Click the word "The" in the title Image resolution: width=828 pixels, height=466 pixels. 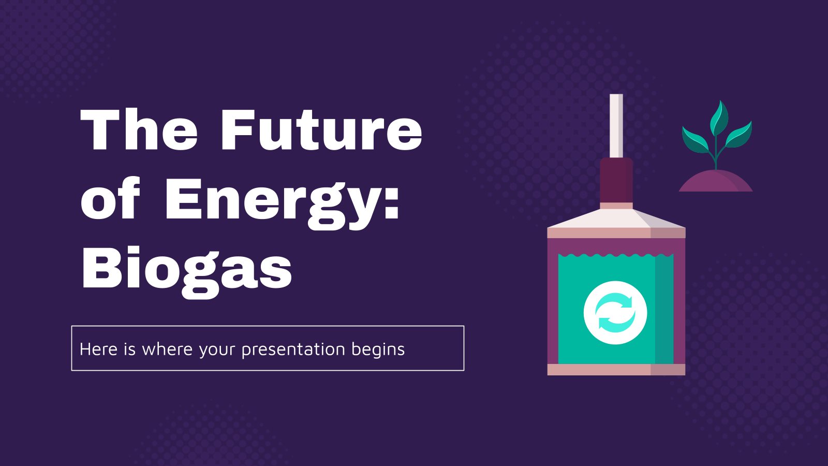click(x=139, y=129)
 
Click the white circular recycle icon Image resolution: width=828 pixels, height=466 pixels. click(x=615, y=313)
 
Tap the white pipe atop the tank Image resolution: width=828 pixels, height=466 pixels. click(x=616, y=126)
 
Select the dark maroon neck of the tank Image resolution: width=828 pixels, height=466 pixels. click(x=616, y=180)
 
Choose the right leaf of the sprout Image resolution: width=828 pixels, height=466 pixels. click(x=738, y=135)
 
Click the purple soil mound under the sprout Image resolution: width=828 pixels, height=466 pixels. click(x=716, y=181)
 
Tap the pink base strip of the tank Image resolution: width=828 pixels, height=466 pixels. click(x=616, y=370)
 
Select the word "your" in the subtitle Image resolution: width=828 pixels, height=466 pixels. click(x=217, y=351)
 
